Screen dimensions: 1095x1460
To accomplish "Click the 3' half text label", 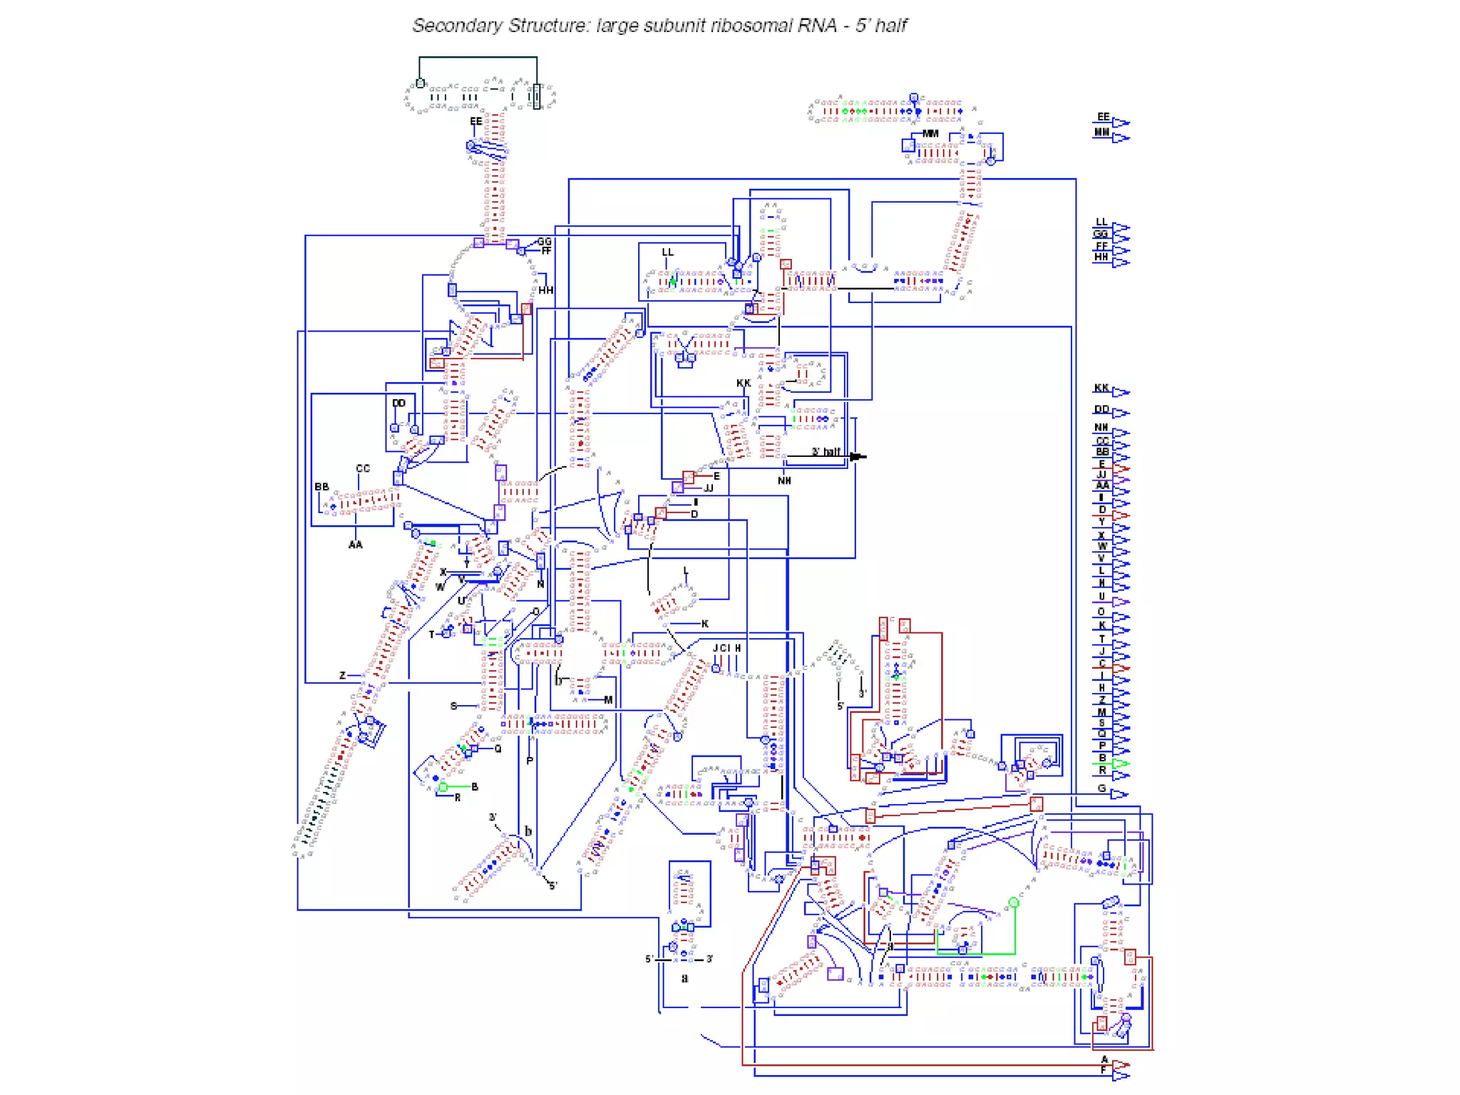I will [x=826, y=452].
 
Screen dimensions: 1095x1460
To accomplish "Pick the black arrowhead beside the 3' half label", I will [x=858, y=456].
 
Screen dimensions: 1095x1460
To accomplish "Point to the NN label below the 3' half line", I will [x=784, y=481].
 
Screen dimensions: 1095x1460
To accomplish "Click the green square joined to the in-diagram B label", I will [x=443, y=787].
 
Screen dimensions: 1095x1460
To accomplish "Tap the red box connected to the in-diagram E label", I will [x=688, y=476].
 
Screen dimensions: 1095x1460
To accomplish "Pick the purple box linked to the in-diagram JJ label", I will [x=677, y=488].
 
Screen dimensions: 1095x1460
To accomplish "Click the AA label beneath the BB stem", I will [x=355, y=545].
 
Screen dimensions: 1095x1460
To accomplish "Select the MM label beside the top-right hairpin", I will [x=931, y=133].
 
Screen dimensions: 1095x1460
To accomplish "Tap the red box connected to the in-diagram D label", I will [x=662, y=513].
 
